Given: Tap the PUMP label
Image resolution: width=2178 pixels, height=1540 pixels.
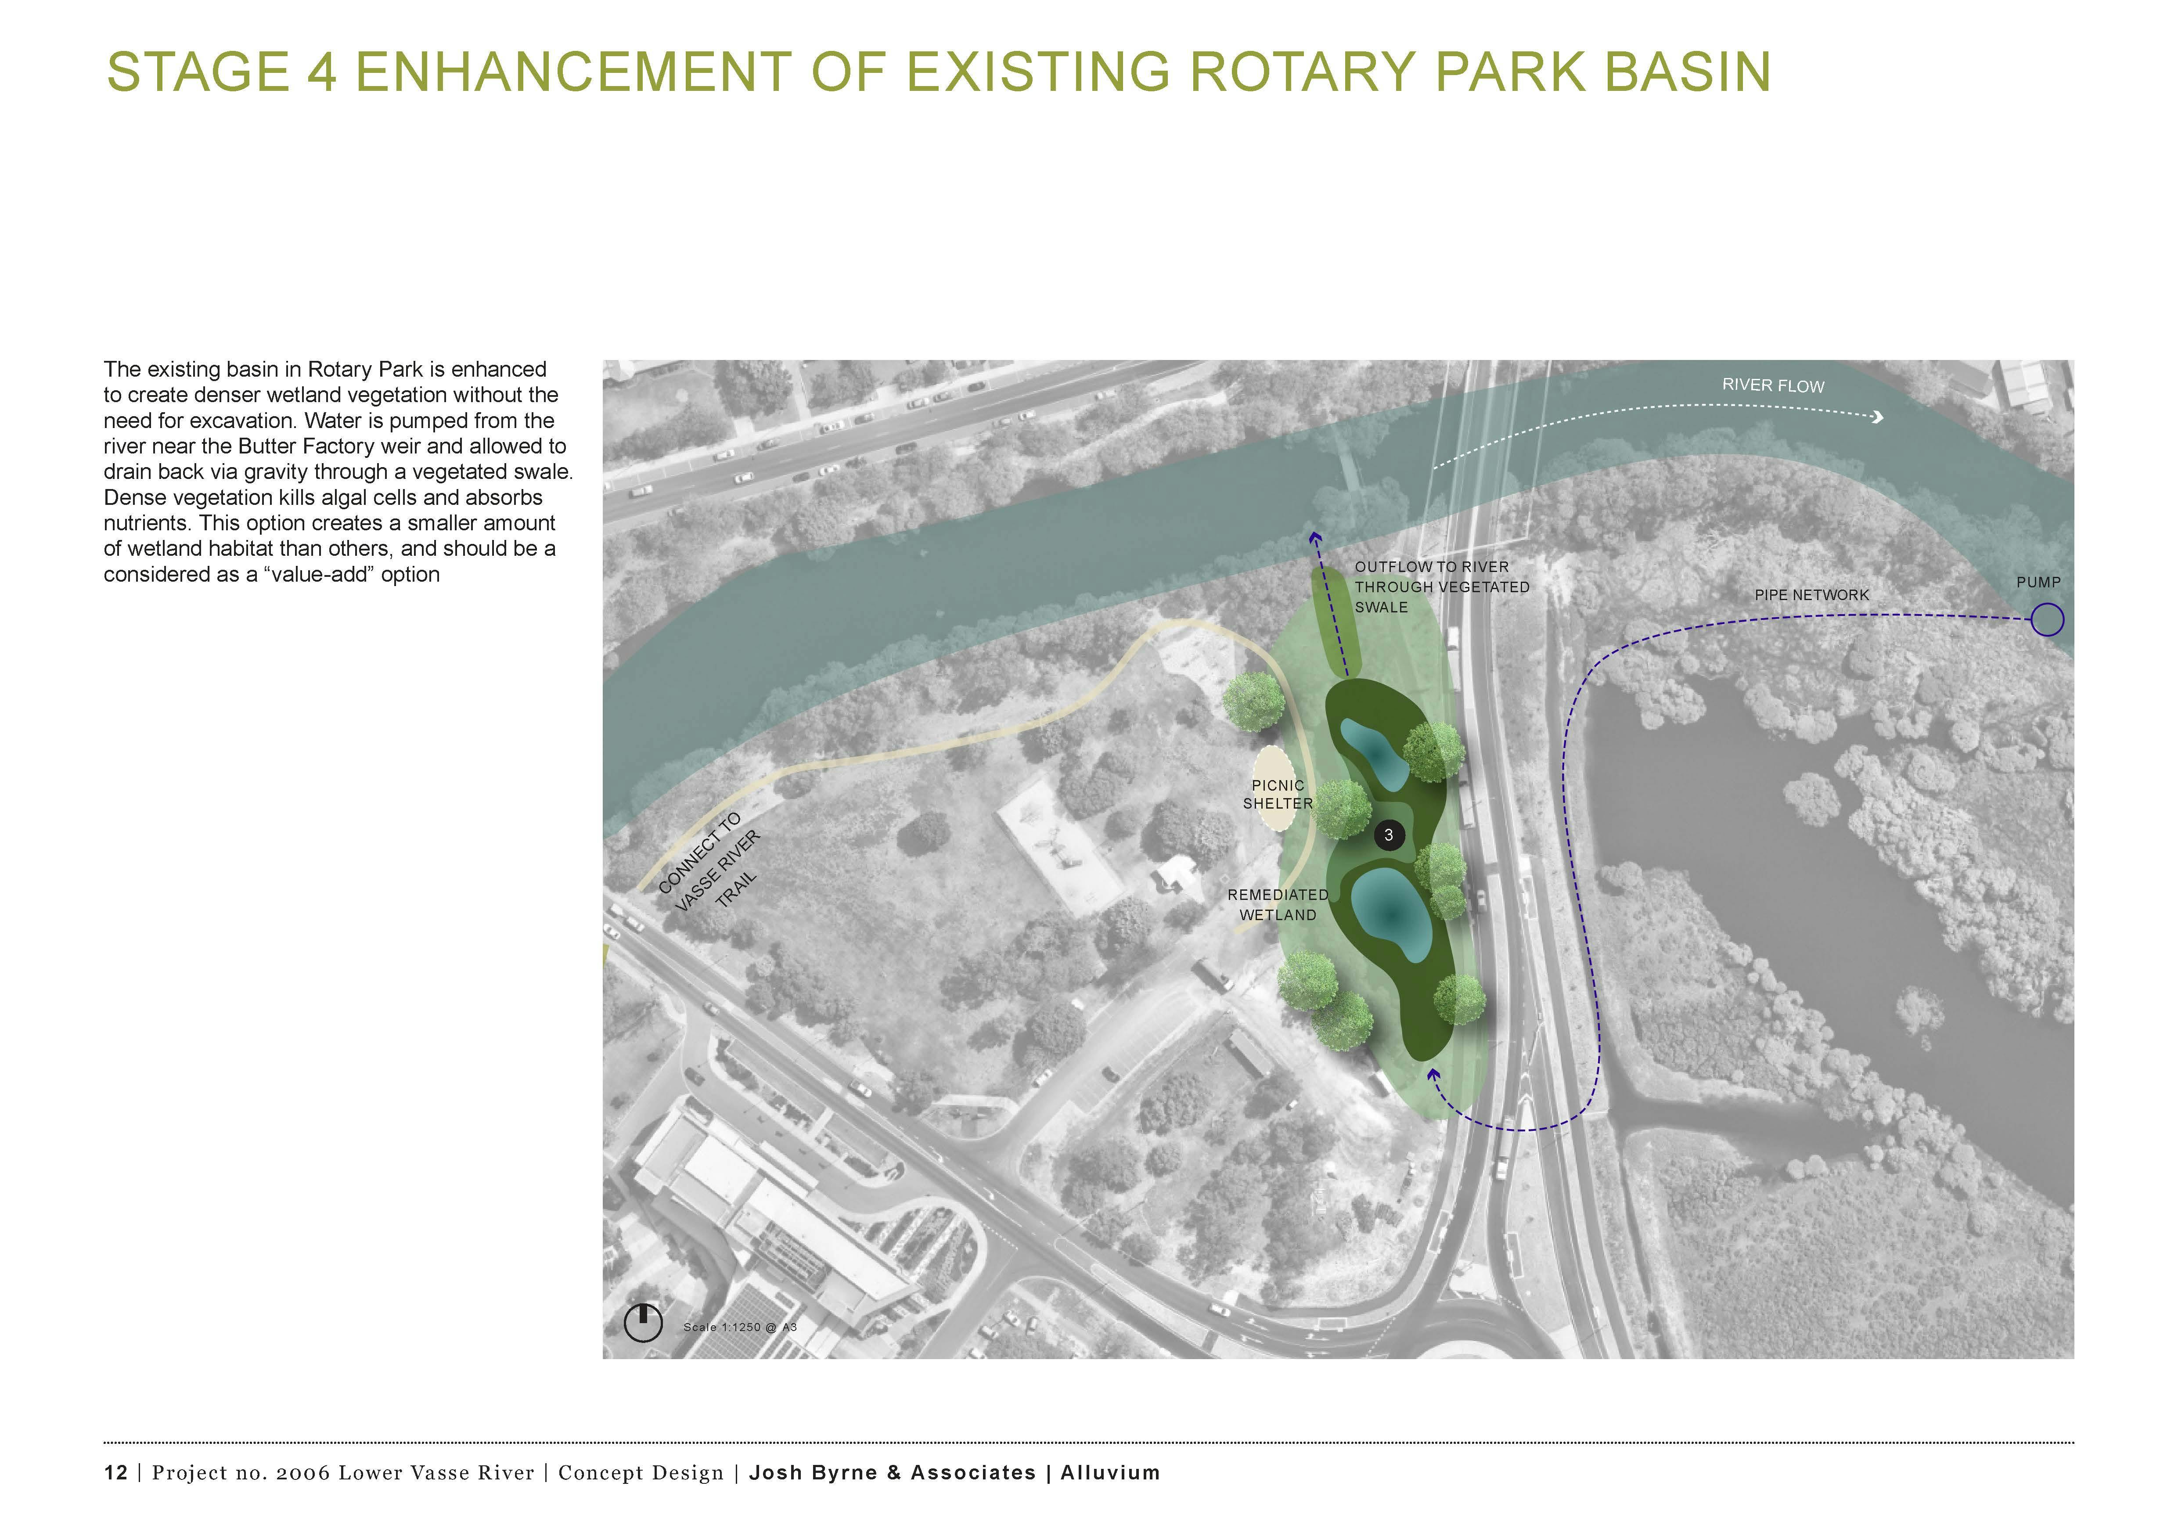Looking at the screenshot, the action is click(x=2038, y=582).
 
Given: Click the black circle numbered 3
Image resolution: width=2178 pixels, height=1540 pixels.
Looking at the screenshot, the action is click(x=1389, y=835).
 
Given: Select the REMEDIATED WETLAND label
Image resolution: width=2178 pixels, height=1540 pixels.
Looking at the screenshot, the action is click(x=1278, y=905).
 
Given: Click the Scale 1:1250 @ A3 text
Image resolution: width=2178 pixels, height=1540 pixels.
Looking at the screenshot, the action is click(x=740, y=1327).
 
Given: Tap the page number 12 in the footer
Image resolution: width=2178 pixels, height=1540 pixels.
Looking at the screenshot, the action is click(x=116, y=1473).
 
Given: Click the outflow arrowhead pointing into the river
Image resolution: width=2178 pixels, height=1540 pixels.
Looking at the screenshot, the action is click(x=1315, y=538).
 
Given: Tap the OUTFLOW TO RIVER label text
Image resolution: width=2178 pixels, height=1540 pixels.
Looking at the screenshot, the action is click(x=1432, y=567).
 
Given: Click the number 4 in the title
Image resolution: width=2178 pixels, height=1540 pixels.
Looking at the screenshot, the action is click(x=321, y=72).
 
